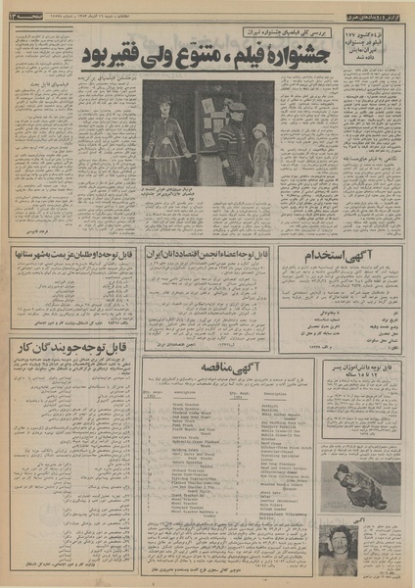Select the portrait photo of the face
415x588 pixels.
click(x=339, y=542)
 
